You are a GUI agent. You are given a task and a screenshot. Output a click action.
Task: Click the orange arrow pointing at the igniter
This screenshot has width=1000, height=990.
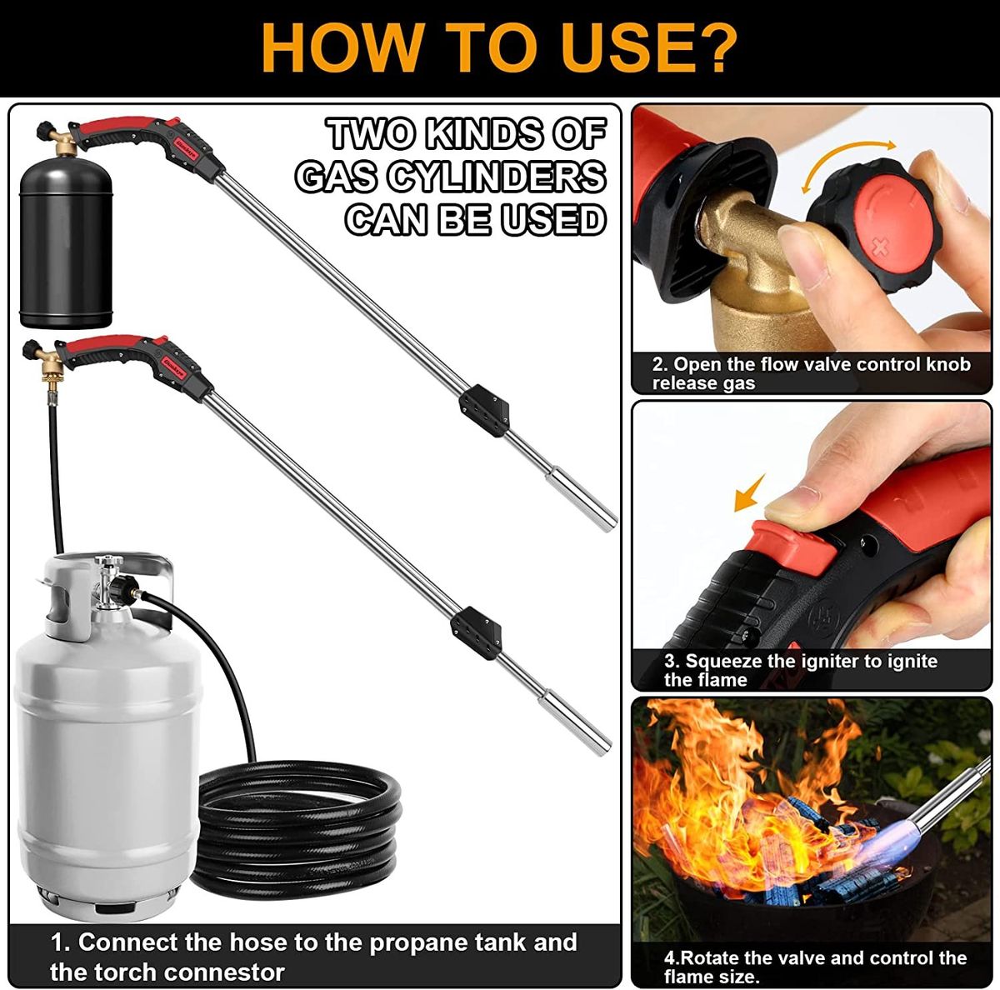(x=749, y=493)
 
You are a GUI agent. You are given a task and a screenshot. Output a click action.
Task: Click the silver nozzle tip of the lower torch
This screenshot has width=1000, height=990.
(x=575, y=723)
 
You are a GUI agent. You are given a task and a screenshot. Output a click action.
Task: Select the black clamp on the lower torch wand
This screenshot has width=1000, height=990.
(x=476, y=632)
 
